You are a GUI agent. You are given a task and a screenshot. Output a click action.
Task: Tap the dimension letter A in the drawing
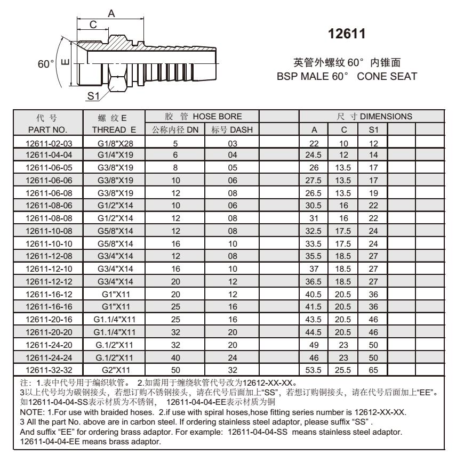point(110,13)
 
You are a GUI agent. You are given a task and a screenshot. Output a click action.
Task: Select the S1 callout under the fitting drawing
point(94,96)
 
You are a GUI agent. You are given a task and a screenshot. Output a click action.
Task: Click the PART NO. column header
point(49,128)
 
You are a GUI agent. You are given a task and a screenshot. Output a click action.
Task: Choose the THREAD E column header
point(114,128)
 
